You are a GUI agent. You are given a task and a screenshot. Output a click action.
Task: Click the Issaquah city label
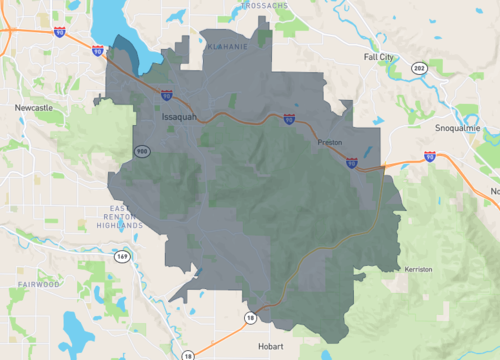[181, 117]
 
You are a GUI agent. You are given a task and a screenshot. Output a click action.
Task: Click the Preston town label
[329, 143]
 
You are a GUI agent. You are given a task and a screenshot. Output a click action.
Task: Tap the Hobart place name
[270, 346]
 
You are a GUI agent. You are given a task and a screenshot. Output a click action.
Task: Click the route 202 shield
[417, 68]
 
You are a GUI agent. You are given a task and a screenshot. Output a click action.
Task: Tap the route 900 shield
[143, 151]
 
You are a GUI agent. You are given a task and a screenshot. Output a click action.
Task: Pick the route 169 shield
[121, 256]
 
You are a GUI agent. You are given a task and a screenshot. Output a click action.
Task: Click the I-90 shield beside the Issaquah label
[166, 97]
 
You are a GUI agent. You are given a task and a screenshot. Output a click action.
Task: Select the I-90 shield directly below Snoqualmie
[430, 156]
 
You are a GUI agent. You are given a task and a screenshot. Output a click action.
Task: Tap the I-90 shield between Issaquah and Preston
[288, 119]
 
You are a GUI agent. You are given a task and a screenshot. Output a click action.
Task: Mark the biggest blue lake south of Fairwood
[76, 326]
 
